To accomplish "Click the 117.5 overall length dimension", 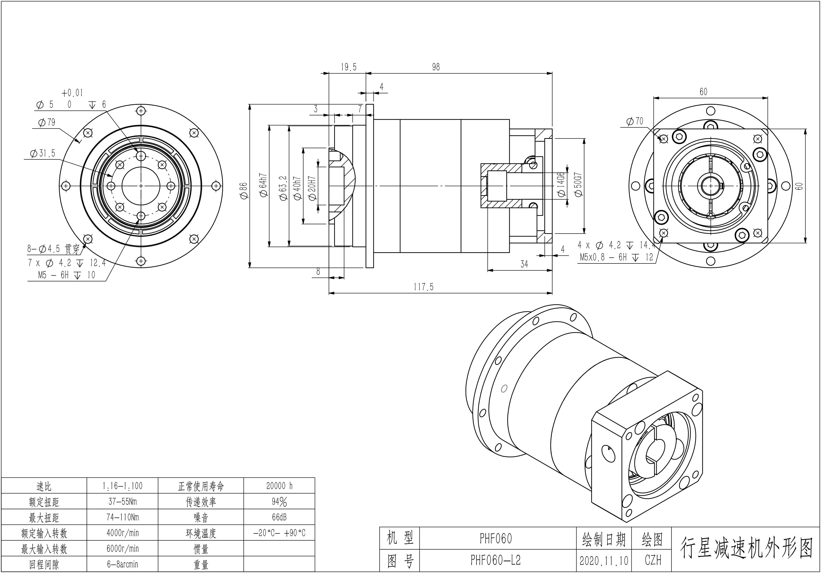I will click(423, 287).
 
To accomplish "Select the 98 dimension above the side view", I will click(436, 67).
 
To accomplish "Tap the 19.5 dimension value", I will click(348, 67).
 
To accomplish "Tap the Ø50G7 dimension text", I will click(578, 185).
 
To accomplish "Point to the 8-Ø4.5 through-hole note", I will click(54, 249).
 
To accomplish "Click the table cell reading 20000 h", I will click(279, 486).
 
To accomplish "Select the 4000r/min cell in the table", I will click(122, 533).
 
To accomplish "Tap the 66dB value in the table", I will click(279, 517).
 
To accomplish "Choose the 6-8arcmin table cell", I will click(122, 564).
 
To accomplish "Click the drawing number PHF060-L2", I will click(496, 560).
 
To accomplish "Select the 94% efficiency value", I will click(279, 502).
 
